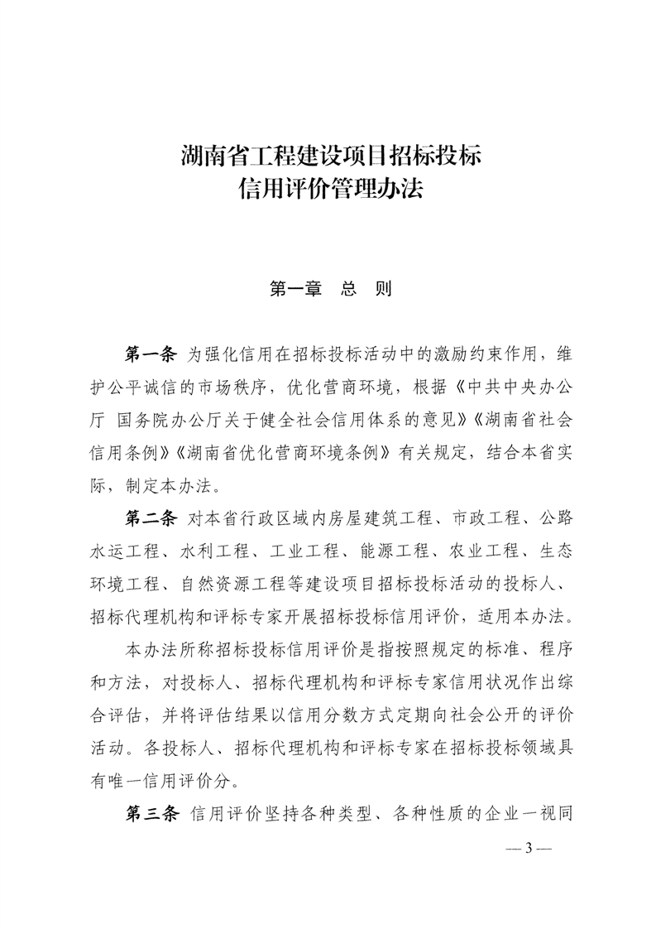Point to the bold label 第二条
coord(150,519)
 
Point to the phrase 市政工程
coord(481,519)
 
